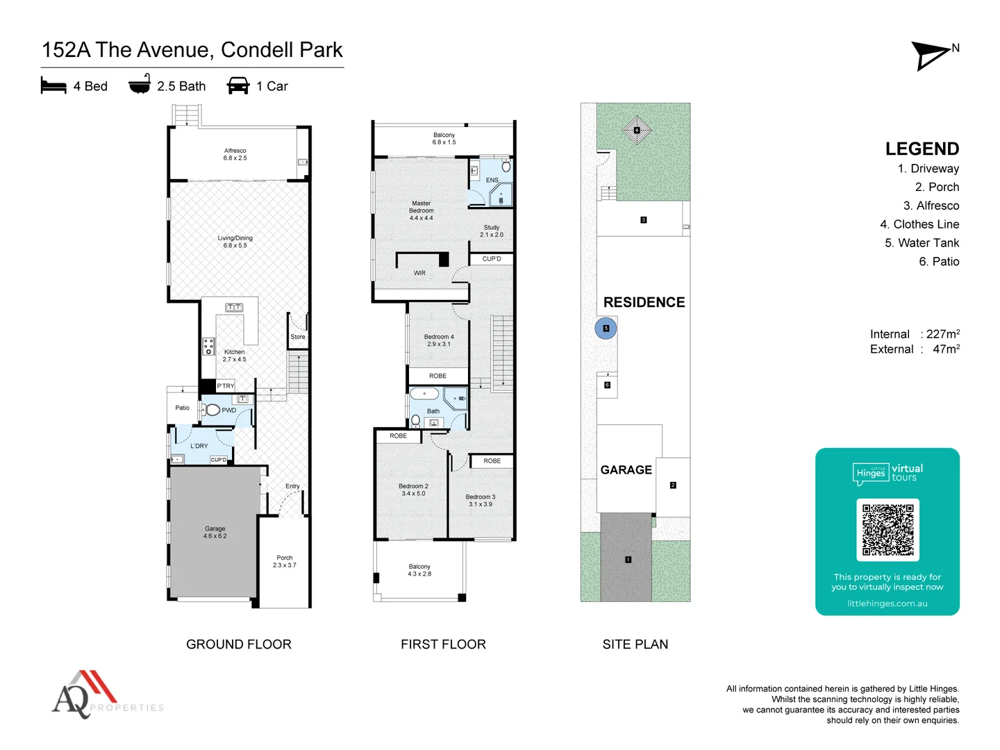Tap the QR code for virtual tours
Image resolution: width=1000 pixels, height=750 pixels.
coord(887,529)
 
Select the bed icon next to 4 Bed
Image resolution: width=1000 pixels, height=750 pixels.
coord(53,86)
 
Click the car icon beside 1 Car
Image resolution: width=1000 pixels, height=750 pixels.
coord(238,86)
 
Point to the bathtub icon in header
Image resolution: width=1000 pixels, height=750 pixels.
coord(140,85)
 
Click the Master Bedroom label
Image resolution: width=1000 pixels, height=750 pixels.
coord(421,210)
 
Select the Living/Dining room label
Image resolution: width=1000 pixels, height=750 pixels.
coord(235,242)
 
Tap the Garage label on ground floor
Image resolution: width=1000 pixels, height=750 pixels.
coord(215,532)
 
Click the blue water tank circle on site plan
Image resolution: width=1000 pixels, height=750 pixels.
coord(606,328)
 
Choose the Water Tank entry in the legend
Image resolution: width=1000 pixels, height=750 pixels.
coord(922,243)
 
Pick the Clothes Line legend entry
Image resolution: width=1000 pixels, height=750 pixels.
coord(919,224)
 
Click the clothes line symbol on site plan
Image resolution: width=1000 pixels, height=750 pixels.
coord(637,130)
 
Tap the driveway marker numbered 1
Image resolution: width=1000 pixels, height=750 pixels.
coord(628,560)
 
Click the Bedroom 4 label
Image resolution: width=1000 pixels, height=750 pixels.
coord(439,340)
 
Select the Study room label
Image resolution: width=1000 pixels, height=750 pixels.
coord(492,231)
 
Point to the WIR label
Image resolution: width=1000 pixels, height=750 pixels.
coord(419,273)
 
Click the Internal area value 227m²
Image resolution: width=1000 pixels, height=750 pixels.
coord(942,334)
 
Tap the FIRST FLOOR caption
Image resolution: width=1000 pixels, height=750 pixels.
coord(443,644)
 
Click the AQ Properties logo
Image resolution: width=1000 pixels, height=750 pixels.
coord(104,694)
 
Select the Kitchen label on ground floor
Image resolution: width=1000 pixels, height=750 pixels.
coord(234,356)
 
